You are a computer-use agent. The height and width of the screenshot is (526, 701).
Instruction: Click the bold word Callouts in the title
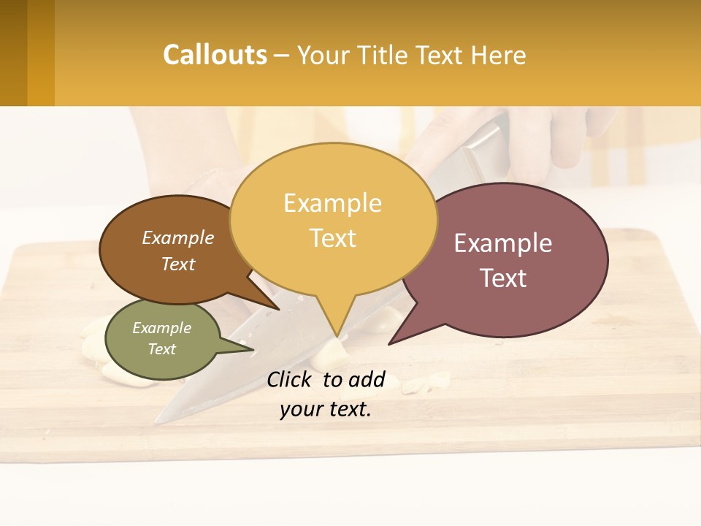[215, 55]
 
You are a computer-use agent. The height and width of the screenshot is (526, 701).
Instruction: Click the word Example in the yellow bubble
[332, 203]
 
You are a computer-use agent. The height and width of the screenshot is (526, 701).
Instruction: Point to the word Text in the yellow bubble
[333, 238]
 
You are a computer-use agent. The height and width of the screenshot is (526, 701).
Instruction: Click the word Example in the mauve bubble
[503, 243]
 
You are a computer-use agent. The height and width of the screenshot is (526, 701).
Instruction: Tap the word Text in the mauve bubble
[504, 278]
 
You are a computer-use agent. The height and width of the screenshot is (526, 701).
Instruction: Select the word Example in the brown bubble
[177, 238]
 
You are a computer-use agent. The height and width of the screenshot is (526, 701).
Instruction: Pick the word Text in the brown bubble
[178, 264]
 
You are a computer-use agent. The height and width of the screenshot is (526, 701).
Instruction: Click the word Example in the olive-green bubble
[161, 328]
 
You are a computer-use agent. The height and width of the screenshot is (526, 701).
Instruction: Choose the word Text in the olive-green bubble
[161, 349]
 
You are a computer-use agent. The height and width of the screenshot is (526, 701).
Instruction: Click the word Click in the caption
[290, 379]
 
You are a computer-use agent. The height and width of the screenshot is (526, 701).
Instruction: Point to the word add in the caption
[367, 379]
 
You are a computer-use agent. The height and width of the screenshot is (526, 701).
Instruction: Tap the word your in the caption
[301, 410]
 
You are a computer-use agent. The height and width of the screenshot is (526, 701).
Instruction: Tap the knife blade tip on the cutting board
[160, 421]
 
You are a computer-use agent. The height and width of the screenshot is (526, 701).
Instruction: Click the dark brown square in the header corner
[13, 53]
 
